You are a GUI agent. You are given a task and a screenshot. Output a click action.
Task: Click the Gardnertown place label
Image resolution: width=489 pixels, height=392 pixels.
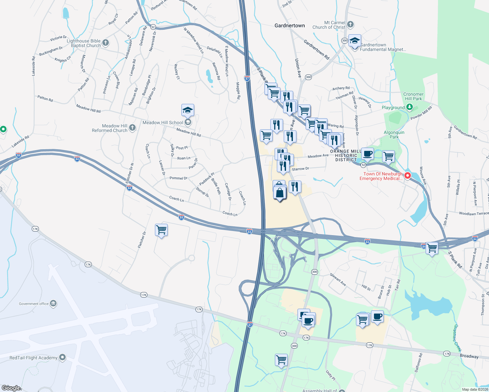pyautogui.click(x=290, y=25)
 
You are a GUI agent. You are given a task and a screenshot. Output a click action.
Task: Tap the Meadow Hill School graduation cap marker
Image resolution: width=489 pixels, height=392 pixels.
pyautogui.click(x=188, y=110)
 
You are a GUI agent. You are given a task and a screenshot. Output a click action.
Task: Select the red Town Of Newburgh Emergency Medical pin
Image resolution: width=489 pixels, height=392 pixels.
pyautogui.click(x=408, y=176)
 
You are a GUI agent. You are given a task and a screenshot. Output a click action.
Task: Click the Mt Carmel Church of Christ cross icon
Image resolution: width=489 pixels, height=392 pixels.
pyautogui.click(x=350, y=24)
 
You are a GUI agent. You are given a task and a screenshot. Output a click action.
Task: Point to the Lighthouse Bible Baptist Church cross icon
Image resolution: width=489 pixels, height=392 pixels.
pyautogui.click(x=105, y=42)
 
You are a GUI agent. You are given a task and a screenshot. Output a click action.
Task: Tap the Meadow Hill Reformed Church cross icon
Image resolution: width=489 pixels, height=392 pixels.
pyautogui.click(x=132, y=127)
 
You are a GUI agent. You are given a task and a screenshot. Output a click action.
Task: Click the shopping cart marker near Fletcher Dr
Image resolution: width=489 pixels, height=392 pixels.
pyautogui.click(x=161, y=230)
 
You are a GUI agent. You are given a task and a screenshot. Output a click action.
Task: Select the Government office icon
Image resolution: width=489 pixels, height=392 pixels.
pyautogui.click(x=53, y=303)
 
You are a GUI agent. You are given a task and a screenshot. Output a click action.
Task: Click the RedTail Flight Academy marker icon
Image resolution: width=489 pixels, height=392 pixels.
pyautogui.click(x=62, y=357)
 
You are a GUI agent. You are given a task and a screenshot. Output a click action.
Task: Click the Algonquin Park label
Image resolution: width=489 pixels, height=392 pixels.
pyautogui.click(x=394, y=135)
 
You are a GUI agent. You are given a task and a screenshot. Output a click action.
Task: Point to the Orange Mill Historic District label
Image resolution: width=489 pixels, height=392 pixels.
pyautogui.click(x=346, y=155)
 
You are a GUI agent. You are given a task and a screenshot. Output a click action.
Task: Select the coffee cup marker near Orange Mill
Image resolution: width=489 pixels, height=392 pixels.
pyautogui.click(x=368, y=154)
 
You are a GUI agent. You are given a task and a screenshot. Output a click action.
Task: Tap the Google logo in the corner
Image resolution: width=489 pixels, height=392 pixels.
pyautogui.click(x=11, y=388)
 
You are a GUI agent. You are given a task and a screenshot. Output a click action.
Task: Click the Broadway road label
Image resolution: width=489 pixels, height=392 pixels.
pyautogui.click(x=469, y=356)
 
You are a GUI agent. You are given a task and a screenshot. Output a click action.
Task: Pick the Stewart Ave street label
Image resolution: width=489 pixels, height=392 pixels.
pyautogui.click(x=338, y=280)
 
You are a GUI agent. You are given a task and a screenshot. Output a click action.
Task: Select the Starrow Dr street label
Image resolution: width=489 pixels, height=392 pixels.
pyautogui.click(x=300, y=169)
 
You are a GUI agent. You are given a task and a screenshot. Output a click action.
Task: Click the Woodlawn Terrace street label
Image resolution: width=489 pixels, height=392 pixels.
pyautogui.click(x=474, y=214)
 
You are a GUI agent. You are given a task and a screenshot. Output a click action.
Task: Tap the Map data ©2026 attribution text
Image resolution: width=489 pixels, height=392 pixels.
pyautogui.click(x=475, y=389)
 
